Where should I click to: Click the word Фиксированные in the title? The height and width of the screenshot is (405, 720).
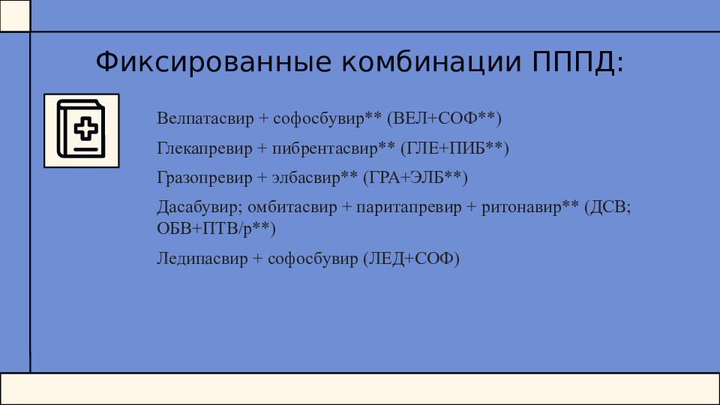tap(214, 61)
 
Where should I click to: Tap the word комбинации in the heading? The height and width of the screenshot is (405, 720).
tap(432, 61)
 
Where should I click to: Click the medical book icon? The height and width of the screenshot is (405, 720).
tap(81, 130)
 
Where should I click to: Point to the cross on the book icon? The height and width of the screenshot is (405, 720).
tap(85, 127)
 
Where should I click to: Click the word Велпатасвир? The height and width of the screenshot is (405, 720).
tap(205, 118)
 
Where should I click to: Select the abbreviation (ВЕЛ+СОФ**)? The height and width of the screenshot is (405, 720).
tap(444, 118)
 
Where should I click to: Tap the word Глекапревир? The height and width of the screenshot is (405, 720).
tap(205, 148)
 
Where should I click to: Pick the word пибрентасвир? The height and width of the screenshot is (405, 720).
tap(325, 148)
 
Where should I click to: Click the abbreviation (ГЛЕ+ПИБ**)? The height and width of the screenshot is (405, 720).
tap(454, 148)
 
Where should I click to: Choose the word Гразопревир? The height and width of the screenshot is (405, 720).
tap(205, 178)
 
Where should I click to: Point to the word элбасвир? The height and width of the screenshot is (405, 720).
tap(306, 177)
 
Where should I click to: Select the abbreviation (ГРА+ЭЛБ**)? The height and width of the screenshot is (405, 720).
tap(415, 177)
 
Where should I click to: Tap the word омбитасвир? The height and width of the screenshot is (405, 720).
tap(292, 207)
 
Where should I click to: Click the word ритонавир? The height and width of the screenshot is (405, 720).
tap(522, 208)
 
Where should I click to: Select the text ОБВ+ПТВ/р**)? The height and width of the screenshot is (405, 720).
tap(216, 228)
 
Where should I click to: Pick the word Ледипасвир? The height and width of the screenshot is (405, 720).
tap(202, 259)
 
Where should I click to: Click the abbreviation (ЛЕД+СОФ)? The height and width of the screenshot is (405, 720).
tap(412, 259)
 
